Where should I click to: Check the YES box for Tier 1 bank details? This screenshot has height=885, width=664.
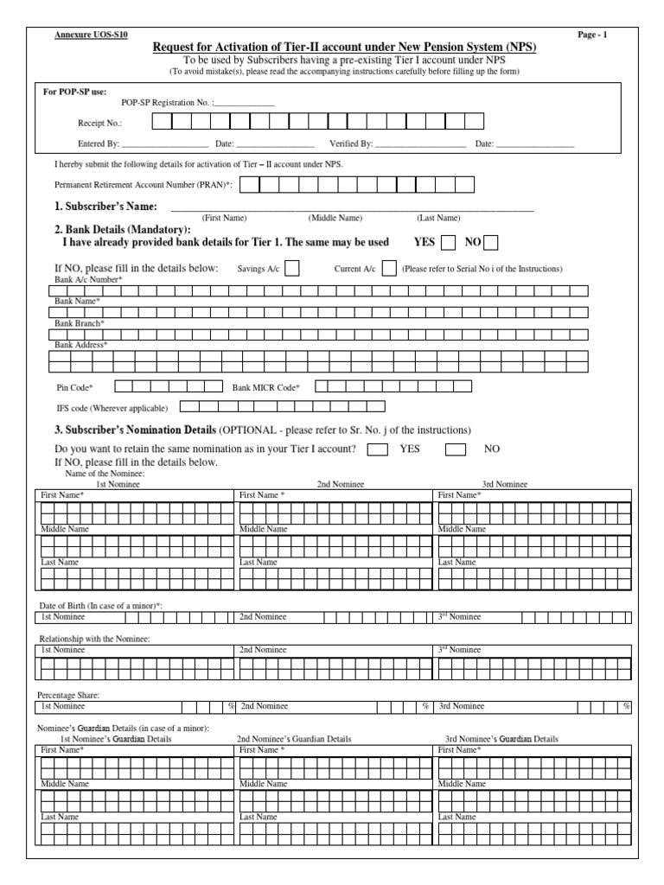(x=448, y=243)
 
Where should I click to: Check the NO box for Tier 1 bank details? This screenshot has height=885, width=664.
(x=491, y=243)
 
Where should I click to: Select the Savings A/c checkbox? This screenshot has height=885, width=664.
(x=292, y=269)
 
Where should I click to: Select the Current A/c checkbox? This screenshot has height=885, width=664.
(x=389, y=269)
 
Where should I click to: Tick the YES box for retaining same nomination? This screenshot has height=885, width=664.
(x=377, y=449)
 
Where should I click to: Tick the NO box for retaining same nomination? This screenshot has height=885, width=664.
(x=455, y=449)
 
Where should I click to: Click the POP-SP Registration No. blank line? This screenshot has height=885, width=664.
(x=245, y=104)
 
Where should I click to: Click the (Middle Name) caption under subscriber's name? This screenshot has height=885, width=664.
(x=335, y=219)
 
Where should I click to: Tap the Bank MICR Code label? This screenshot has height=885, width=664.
(x=266, y=387)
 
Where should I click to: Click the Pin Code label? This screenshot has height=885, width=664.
(x=74, y=387)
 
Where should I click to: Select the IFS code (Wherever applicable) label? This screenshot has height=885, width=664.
(x=112, y=407)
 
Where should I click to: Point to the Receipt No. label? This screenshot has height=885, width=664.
(x=99, y=124)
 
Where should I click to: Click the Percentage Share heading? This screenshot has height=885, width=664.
(x=68, y=695)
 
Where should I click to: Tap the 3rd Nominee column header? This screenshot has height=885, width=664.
(x=504, y=485)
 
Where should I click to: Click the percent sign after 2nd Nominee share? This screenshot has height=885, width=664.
(x=425, y=706)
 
